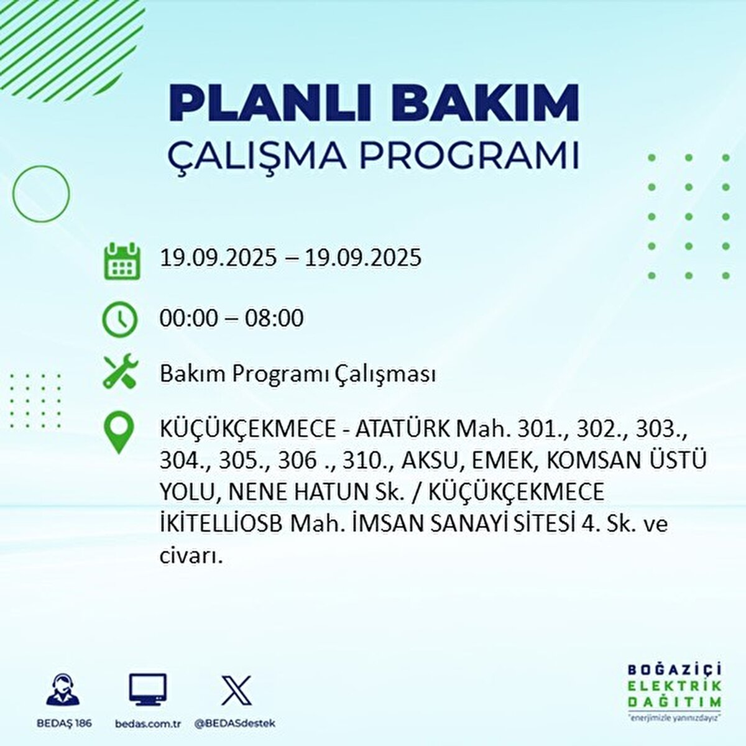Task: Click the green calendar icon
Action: [x=122, y=260]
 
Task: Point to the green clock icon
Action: [x=119, y=320]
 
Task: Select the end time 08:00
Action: [x=274, y=319]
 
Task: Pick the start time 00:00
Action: [x=189, y=319]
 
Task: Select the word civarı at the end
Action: [x=191, y=555]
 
